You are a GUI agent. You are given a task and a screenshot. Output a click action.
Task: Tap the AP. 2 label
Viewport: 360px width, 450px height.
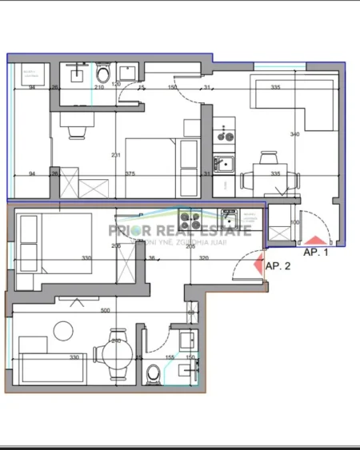click(x=278, y=266)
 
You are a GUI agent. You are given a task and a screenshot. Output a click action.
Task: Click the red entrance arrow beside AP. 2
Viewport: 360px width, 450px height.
click(x=258, y=265)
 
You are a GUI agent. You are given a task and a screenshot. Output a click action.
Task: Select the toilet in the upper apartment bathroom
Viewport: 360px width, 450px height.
click(x=102, y=75)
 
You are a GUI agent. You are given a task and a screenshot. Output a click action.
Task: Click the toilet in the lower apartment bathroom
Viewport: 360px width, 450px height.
click(x=154, y=372)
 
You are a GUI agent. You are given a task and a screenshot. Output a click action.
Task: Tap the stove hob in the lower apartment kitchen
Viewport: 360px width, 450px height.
click(x=190, y=218)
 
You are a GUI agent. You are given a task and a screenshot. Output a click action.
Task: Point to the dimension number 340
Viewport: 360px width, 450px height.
click(x=294, y=134)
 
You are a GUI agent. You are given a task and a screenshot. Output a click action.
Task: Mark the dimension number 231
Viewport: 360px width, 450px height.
click(x=115, y=155)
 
